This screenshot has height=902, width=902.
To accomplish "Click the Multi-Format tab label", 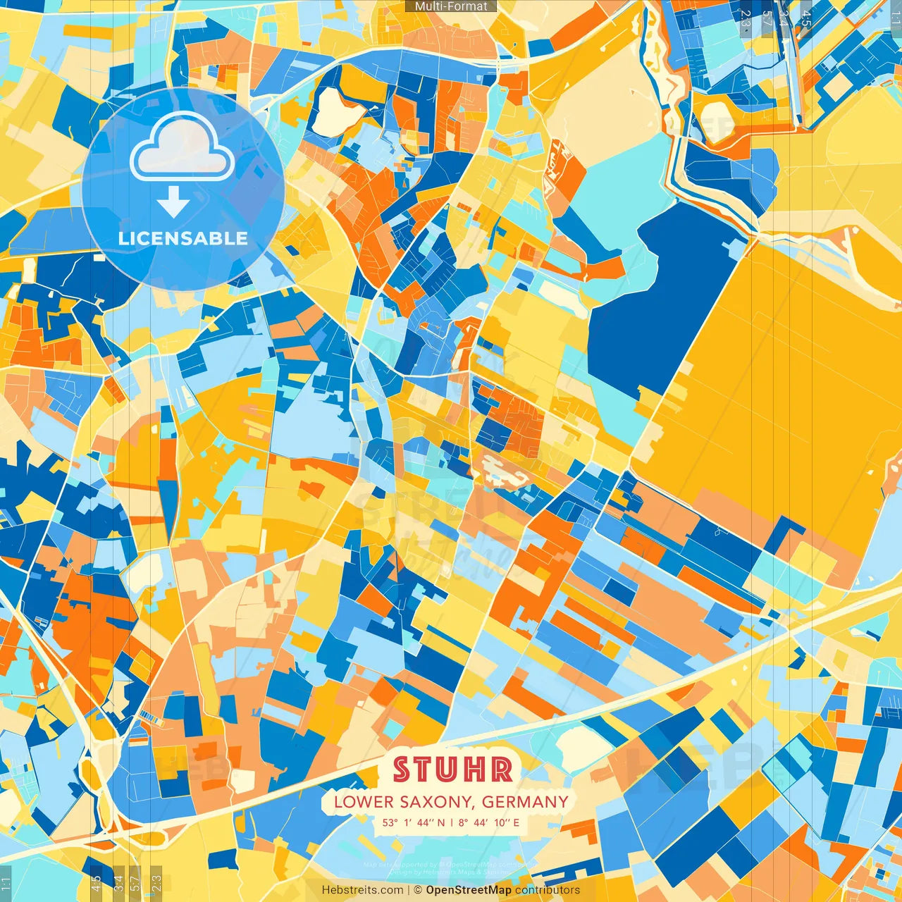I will click(x=451, y=6).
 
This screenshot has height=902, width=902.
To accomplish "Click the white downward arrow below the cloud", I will click(x=173, y=202).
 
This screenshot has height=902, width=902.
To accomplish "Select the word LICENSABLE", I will click(x=183, y=238).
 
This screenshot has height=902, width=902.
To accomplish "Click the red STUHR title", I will click(x=452, y=770).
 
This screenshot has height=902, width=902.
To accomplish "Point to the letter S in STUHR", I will click(x=402, y=770).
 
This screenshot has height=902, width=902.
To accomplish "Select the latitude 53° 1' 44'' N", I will click(x=412, y=822).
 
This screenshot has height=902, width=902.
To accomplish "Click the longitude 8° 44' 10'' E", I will click(x=488, y=822).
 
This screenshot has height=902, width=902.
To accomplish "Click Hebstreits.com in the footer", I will click(x=362, y=890).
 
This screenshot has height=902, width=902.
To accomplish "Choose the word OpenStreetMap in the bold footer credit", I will click(x=469, y=890).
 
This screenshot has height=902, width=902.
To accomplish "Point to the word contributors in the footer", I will click(x=548, y=890).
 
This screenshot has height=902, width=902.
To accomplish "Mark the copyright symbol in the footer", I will click(x=417, y=890).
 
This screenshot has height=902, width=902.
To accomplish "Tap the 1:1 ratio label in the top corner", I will click(x=896, y=16).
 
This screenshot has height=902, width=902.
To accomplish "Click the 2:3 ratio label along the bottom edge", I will click(x=156, y=882).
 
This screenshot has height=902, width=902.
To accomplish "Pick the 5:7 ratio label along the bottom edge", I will click(x=135, y=882).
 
